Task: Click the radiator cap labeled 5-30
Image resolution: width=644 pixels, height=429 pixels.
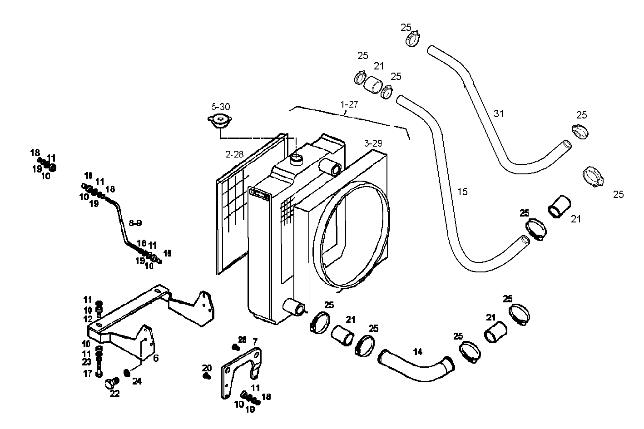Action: (x=220, y=122)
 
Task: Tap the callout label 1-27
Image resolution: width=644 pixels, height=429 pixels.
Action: (x=349, y=104)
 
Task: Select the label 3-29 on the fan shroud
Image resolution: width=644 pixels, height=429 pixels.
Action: (x=373, y=143)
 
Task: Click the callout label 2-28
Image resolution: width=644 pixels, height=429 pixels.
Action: (x=234, y=154)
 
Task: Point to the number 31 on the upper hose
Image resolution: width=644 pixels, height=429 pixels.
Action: (x=499, y=113)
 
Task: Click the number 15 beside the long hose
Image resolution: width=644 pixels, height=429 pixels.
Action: (x=462, y=192)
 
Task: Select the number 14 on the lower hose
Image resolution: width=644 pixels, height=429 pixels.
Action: (x=418, y=351)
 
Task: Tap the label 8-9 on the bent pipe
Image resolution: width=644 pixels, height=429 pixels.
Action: (x=135, y=223)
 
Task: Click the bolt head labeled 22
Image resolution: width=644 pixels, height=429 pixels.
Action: (x=110, y=384)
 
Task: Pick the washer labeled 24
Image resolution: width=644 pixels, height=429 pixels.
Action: (x=127, y=373)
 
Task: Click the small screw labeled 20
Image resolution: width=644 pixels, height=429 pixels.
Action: (x=208, y=376)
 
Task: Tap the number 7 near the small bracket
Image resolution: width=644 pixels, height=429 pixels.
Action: (x=255, y=341)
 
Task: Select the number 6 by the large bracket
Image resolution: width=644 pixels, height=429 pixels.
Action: (x=155, y=358)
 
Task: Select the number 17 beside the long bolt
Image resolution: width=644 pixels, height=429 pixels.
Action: (x=87, y=375)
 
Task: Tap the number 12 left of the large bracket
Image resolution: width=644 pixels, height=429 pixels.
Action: (x=87, y=319)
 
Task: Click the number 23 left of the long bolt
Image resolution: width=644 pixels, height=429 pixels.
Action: (x=87, y=362)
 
